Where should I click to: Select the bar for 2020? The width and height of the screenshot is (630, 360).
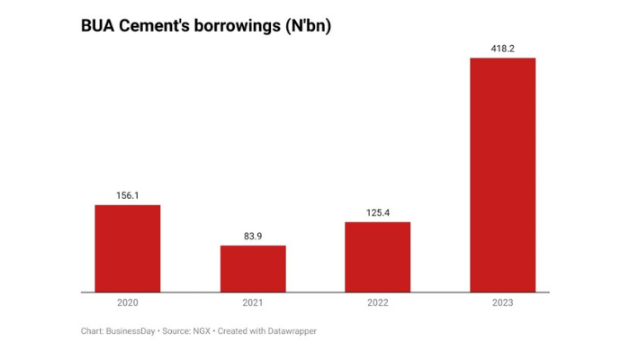[128, 248]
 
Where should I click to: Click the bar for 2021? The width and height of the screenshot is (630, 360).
[253, 269]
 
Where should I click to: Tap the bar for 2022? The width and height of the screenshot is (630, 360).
[378, 257]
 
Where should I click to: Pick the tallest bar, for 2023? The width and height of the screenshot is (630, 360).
[503, 175]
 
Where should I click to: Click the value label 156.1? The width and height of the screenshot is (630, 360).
[128, 195]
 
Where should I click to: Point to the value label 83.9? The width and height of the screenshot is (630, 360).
[253, 236]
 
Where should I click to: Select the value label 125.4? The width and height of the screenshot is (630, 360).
[378, 212]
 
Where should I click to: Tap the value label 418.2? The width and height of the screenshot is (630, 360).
[503, 49]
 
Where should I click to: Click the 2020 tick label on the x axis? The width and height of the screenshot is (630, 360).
[128, 303]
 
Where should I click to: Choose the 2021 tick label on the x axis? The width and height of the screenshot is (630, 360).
[253, 303]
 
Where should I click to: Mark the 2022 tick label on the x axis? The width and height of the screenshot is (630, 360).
[378, 303]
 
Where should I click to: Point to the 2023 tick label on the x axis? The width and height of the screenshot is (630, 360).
[503, 303]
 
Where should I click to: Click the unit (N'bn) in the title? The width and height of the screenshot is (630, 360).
[308, 27]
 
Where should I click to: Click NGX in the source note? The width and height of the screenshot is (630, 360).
[202, 331]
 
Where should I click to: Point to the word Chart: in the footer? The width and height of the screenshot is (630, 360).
[94, 331]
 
